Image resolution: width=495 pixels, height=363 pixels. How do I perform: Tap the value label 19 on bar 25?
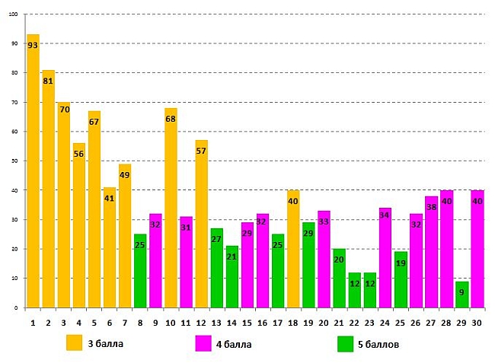401,263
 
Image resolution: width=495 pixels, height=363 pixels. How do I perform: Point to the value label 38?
432,207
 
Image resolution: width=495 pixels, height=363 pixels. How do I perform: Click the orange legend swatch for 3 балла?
75,343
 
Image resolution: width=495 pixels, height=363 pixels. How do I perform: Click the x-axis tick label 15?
247,322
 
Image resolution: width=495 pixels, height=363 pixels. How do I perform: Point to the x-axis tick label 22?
354,322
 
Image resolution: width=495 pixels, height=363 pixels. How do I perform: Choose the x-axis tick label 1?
33,322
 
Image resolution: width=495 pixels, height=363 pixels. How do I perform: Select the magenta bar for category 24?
385,258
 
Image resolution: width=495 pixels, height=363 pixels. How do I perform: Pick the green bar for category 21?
339,279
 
